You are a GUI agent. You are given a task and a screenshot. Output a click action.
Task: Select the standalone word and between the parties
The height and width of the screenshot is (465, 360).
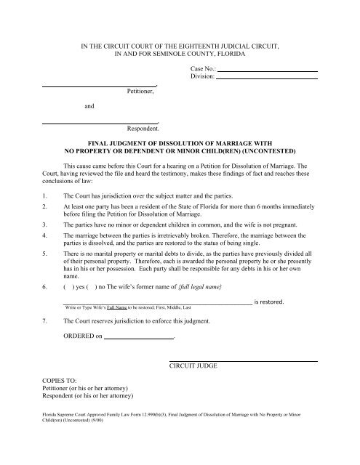[89, 107]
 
